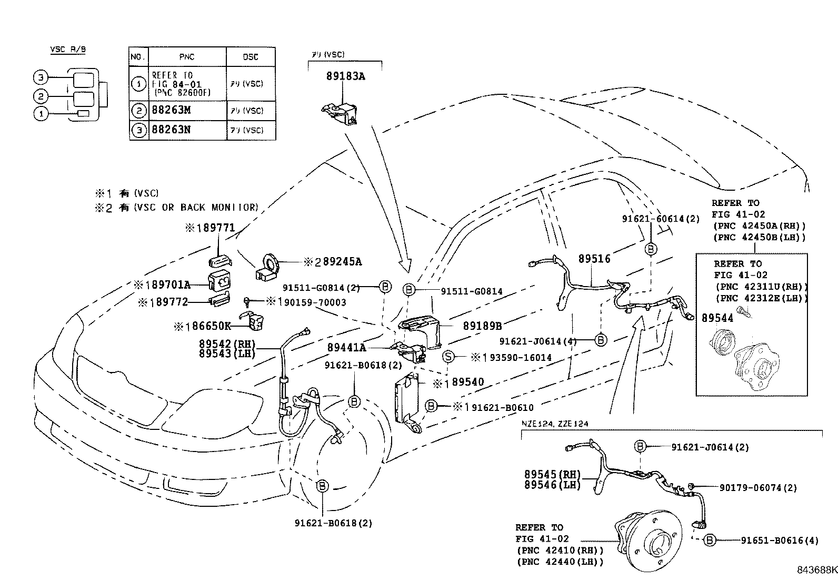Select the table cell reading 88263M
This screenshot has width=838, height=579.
coord(171,111)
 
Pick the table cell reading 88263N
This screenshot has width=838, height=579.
coord(171,130)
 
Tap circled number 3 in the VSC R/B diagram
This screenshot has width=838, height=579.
coord(40,78)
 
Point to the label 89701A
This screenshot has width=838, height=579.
coord(167,285)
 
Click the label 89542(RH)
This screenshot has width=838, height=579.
coord(227,344)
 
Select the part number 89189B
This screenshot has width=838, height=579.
coord(482,326)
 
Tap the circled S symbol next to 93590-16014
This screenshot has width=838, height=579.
coord(448,357)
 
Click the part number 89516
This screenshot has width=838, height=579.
coord(594,259)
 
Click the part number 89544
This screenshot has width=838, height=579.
coord(717,318)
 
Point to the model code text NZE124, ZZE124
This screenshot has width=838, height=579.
coord(555,423)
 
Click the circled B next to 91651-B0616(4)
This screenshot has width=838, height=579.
coord(710,540)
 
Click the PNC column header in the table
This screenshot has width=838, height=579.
coord(186,57)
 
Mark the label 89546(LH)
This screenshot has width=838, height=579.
coord(552,484)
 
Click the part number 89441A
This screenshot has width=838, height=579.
coord(346,347)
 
